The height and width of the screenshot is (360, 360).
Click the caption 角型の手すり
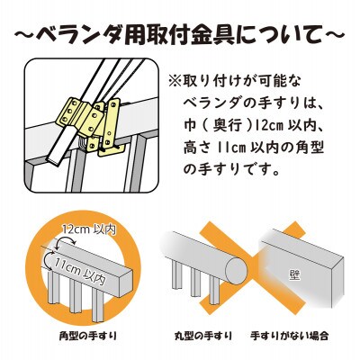coord(87,335)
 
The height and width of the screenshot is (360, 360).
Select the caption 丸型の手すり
coord(203,335)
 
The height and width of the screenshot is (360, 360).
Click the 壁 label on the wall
coord(294,275)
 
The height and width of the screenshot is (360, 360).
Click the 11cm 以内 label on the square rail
coord(79,271)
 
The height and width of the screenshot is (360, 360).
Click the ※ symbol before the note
coord(175,82)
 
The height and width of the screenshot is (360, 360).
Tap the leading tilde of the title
coord(25,34)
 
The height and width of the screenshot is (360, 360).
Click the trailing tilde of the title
coord(334,34)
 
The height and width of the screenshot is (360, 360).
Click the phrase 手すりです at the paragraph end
coord(240,170)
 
